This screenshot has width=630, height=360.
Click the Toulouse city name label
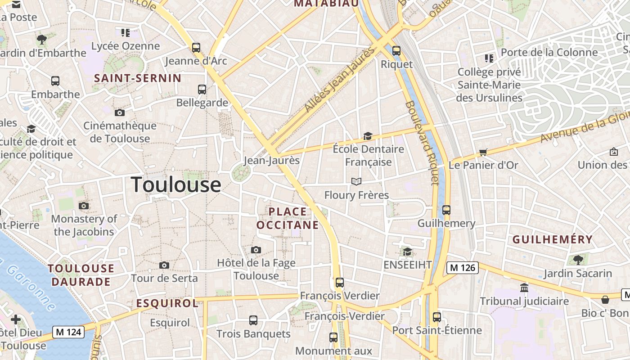[x=176, y=185]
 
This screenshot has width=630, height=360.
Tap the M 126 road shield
[x=462, y=268]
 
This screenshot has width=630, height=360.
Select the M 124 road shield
[x=68, y=332]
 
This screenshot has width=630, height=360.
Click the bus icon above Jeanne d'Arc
[x=196, y=47]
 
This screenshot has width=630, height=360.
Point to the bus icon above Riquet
[x=396, y=51]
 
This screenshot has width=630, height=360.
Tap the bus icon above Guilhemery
[x=446, y=210]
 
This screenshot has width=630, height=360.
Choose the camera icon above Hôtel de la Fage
[x=256, y=250]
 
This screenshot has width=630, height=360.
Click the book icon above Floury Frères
[x=356, y=181]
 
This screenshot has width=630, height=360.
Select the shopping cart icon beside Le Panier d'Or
[x=483, y=153]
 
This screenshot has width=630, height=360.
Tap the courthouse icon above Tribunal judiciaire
[x=524, y=288]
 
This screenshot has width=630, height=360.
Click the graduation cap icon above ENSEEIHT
[x=407, y=252]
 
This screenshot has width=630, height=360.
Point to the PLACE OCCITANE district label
[x=288, y=218]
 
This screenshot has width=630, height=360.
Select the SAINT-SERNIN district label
[x=138, y=78]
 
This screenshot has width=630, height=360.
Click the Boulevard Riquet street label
[x=422, y=143]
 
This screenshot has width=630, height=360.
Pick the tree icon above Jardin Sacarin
[x=578, y=260]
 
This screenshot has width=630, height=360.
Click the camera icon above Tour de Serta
[x=164, y=265]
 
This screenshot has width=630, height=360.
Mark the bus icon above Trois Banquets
[x=253, y=320]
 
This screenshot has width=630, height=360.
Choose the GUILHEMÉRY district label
[x=553, y=239]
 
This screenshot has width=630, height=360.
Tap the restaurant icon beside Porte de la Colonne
[x=489, y=58]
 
